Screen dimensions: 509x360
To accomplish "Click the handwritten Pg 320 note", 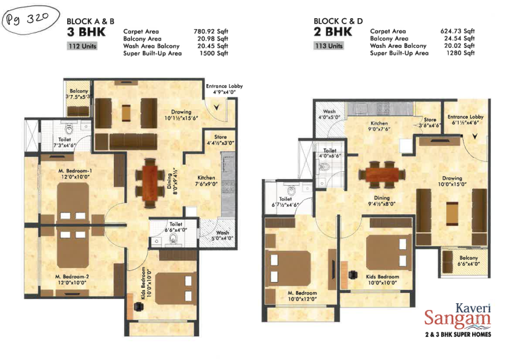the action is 30,19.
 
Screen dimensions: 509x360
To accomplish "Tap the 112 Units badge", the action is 82,46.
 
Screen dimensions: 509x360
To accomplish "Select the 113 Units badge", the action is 329,46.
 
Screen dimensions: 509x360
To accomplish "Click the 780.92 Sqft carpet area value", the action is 211,31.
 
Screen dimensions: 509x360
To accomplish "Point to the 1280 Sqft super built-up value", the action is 461,53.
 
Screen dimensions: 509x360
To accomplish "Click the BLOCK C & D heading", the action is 338,21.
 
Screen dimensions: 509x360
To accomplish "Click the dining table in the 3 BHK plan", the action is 149,183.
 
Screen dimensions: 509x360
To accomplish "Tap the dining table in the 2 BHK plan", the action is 382,175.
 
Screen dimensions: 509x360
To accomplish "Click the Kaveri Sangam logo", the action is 458,315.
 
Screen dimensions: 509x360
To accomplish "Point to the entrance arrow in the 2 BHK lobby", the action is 475,136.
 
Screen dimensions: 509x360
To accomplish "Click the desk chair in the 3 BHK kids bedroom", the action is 139,306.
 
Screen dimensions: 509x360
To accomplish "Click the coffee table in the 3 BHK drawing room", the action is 126,113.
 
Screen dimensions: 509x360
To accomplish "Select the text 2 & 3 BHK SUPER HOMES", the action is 458,335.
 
